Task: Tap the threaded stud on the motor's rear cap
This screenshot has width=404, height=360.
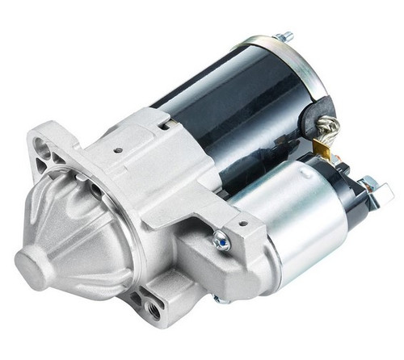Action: coord(286,36)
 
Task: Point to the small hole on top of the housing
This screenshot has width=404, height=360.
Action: coord(118,150)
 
